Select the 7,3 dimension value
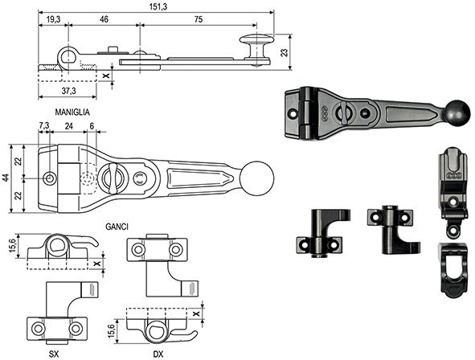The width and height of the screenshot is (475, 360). (x=44, y=126)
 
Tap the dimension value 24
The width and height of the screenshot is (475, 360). (x=70, y=126)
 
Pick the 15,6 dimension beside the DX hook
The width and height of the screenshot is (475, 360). (x=121, y=329)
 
